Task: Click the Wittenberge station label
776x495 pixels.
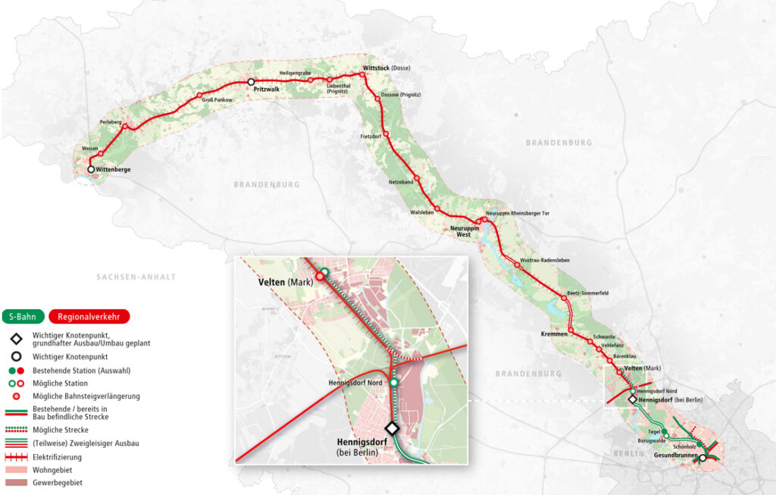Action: (114, 171)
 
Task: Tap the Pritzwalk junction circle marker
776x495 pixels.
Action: (251, 82)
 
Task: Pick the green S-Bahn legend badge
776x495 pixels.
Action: (23, 317)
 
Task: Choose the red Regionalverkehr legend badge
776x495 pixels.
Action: (89, 317)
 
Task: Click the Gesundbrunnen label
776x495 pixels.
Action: (674, 456)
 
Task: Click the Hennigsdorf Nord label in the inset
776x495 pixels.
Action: (356, 383)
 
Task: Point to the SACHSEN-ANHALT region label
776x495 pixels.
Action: (136, 277)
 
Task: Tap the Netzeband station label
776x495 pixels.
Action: (401, 183)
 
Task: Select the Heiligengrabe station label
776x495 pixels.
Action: (296, 73)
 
